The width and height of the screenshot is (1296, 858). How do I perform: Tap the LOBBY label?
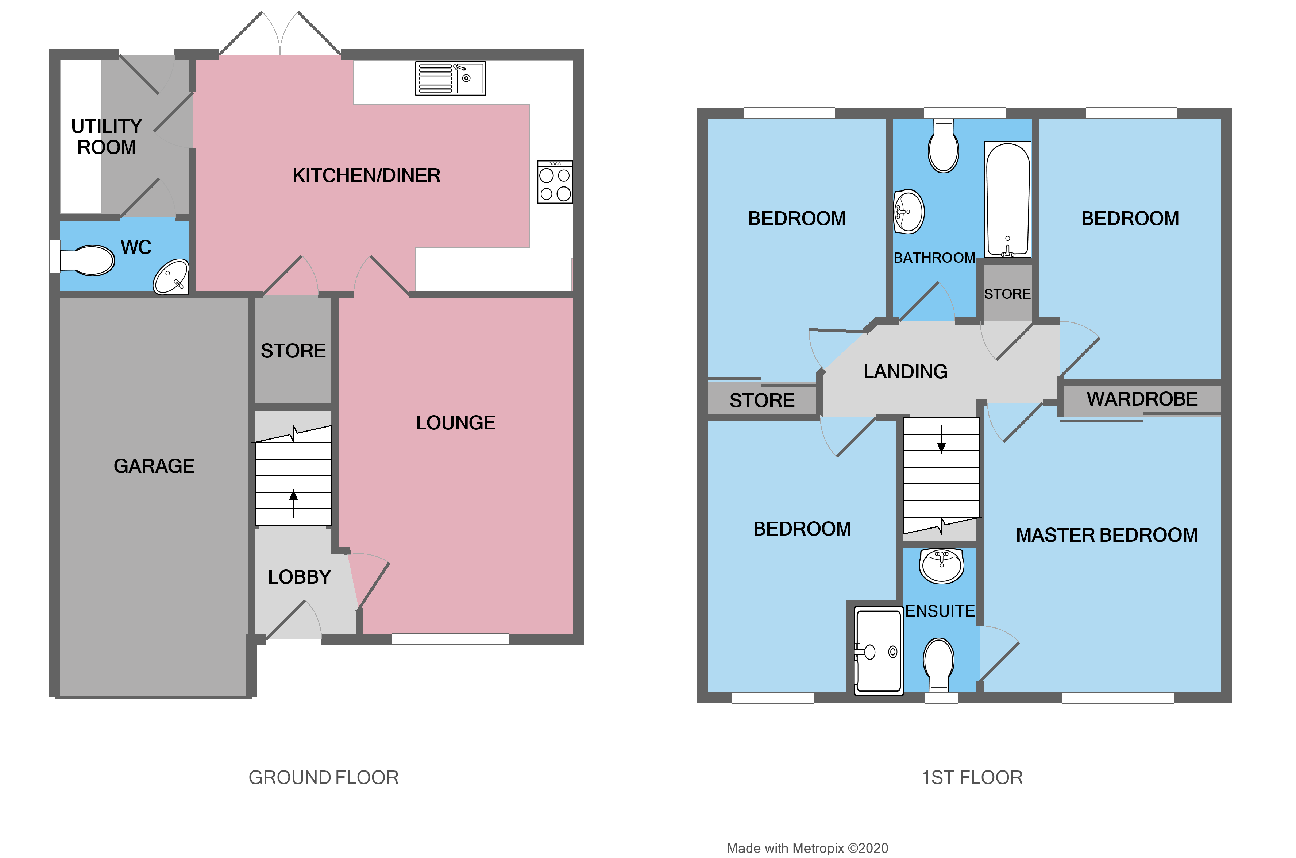(x=299, y=577)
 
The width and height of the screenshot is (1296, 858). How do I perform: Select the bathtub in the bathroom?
(x=1007, y=200)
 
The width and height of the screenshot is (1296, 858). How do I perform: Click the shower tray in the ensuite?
(x=878, y=651)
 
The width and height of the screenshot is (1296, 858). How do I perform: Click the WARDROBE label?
(x=1142, y=399)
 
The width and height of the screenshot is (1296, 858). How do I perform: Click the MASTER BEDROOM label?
(x=1106, y=535)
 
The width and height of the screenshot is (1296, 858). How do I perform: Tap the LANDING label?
(x=905, y=371)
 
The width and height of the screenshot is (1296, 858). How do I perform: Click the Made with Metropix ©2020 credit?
(x=807, y=848)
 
